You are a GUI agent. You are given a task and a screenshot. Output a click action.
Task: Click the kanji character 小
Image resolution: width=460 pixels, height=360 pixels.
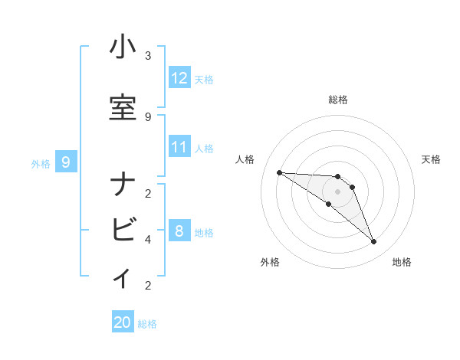click(x=123, y=48)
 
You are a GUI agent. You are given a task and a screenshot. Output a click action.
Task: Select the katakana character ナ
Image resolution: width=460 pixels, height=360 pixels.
click(x=123, y=185)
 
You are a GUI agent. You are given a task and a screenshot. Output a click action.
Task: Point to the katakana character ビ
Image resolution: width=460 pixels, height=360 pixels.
click(x=123, y=229)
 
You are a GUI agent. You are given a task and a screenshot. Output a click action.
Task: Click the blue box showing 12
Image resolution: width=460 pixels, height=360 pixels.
click(x=179, y=77)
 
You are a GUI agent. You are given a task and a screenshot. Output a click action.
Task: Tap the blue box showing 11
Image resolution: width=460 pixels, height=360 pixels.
click(x=179, y=147)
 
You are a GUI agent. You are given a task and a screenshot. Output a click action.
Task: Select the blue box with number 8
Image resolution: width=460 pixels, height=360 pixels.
click(x=179, y=231)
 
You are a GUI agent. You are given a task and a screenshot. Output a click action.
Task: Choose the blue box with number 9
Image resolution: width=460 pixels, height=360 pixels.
click(x=66, y=162)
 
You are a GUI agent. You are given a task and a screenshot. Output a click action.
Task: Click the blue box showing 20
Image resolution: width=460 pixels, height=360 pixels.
click(x=123, y=322)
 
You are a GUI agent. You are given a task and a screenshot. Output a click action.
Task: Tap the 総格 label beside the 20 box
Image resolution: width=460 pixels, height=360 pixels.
click(x=147, y=324)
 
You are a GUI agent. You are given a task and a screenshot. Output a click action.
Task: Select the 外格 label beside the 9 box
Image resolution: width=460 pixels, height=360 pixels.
click(x=41, y=163)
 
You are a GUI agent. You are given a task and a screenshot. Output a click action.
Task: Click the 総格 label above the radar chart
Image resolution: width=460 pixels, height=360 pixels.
click(x=337, y=100)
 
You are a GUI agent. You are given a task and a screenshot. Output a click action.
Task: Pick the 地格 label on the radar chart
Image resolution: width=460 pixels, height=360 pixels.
click(x=402, y=262)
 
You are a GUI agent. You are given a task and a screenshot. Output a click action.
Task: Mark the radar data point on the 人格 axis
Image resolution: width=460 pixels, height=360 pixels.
click(x=279, y=172)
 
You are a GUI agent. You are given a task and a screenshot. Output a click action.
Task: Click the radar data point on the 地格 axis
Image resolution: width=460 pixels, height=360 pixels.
click(x=373, y=241)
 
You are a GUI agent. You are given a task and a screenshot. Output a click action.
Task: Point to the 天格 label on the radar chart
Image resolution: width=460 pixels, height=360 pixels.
click(x=431, y=159)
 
